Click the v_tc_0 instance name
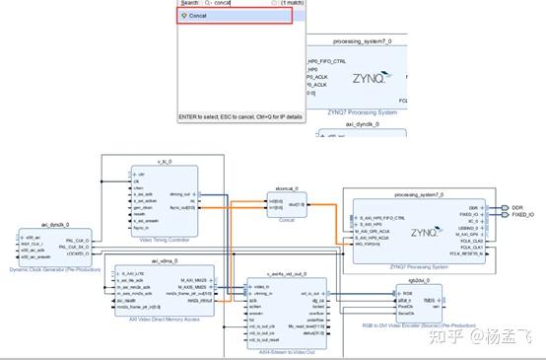click(x=165, y=163)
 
